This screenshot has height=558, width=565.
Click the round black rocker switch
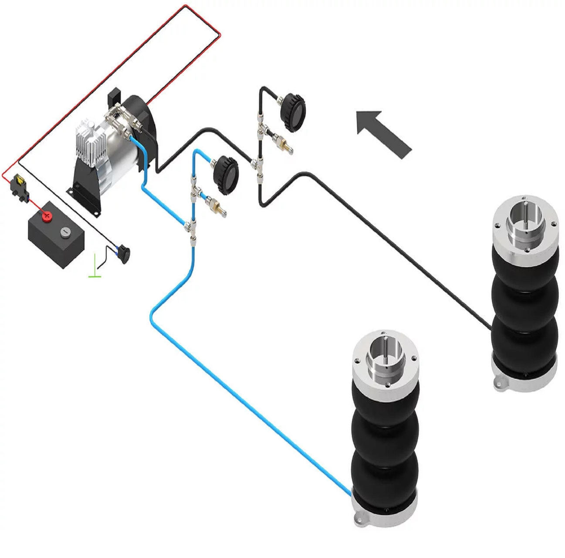click(x=125, y=252)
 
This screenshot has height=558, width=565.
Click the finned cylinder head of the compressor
click(x=91, y=139)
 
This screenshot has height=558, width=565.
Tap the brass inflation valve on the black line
click(x=284, y=144)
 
